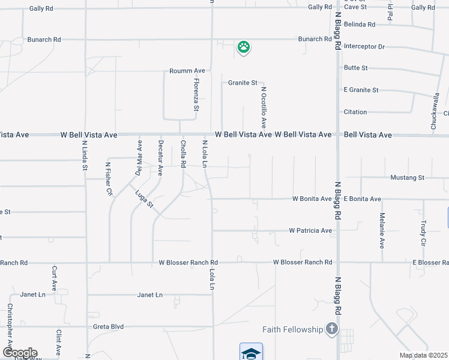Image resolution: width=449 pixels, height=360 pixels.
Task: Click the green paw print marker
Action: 243,47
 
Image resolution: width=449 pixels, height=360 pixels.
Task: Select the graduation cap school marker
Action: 252,352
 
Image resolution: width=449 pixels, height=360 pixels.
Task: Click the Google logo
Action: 19,353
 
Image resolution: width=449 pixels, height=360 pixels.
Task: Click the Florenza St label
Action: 196,95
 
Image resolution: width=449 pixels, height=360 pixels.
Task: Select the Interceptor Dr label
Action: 364,46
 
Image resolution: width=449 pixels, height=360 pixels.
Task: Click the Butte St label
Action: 355,68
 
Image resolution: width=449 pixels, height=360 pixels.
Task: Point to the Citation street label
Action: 355,112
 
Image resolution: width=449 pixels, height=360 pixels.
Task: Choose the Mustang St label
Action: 408,178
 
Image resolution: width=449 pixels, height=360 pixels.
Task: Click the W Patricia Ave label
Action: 310,230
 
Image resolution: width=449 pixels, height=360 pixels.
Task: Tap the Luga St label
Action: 145,199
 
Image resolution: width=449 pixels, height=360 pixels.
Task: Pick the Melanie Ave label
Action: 382,230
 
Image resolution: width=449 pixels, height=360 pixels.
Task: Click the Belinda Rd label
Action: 358,25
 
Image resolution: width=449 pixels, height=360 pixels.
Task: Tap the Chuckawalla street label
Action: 436,111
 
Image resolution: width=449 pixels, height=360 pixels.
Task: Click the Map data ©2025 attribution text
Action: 423,355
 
